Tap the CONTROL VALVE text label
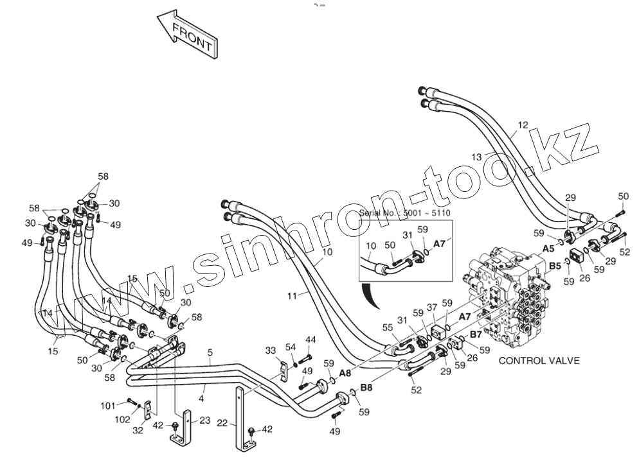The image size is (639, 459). tap(539, 360)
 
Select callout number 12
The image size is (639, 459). tap(522, 125)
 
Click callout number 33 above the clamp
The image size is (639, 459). tap(271, 350)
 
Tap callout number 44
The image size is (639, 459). tap(310, 339)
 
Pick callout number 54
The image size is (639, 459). tap(291, 347)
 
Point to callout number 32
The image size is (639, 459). tap(138, 431)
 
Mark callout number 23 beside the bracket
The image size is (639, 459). tap(204, 420)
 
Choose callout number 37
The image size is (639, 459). tap(432, 307)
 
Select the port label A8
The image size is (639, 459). tap(345, 372)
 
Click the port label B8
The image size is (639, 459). tap(366, 387)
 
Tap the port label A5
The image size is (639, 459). tap(548, 248)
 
